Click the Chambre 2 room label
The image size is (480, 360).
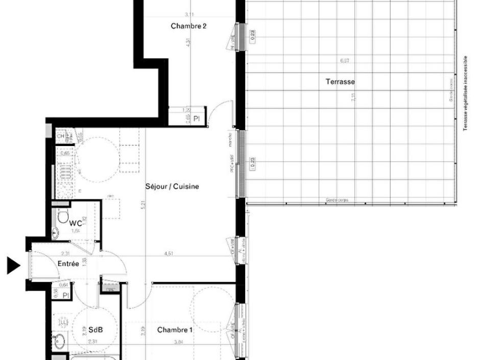[x=188, y=26]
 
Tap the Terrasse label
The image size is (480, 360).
[x=340, y=82]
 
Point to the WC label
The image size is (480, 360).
[x=76, y=223]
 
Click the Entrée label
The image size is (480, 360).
[x=68, y=263]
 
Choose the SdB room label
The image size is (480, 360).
[x=96, y=330]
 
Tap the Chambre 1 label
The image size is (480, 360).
[x=175, y=330]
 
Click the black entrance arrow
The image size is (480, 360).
[x=13, y=266]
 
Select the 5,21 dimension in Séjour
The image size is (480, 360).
[x=144, y=205]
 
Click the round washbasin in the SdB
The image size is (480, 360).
[x=60, y=339]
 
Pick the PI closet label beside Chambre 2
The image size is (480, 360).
[x=196, y=119]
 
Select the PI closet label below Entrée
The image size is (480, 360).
[x=65, y=295]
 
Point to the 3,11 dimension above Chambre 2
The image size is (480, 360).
[x=189, y=15]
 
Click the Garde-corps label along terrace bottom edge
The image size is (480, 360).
[x=337, y=201]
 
